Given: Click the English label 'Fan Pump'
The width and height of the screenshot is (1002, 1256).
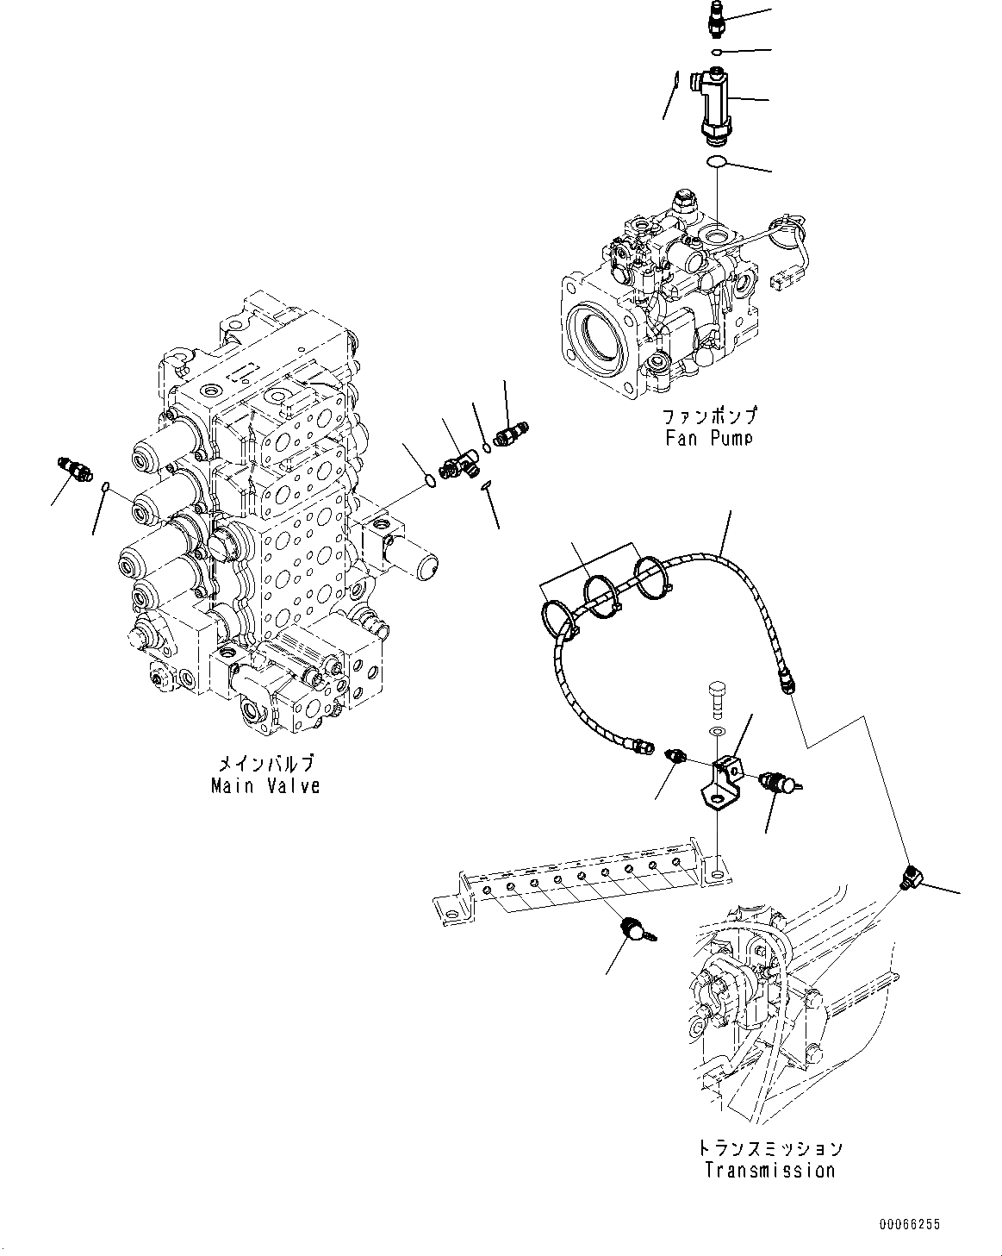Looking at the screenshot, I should [709, 437].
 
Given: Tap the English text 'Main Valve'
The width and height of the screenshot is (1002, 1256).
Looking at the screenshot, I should [265, 785].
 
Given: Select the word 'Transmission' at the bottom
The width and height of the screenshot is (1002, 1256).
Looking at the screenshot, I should [769, 1170].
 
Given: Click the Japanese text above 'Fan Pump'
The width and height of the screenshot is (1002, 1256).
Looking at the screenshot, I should [710, 416].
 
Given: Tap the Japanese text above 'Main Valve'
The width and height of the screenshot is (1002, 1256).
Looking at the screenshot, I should [265, 764].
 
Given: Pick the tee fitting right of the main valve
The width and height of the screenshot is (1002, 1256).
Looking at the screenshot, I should [457, 464].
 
